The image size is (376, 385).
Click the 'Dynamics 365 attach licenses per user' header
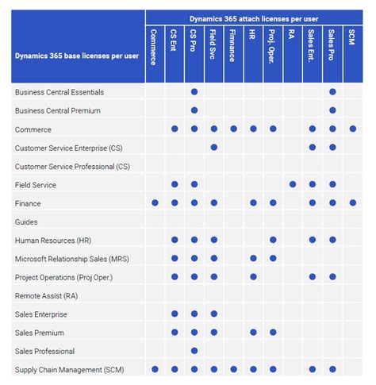[253, 17]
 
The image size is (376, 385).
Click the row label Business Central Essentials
[59, 92]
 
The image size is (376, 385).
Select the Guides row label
[26, 221]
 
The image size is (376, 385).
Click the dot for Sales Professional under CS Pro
[194, 351]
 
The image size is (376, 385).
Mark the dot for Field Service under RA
[293, 184]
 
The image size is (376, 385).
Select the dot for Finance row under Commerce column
[155, 203]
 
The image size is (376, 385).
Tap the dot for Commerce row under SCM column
[352, 129]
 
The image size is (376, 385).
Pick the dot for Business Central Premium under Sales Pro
[332, 110]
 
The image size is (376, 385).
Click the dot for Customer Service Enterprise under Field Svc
[214, 148]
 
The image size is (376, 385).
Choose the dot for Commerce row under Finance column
[233, 129]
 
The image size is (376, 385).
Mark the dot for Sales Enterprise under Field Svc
[214, 314]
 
